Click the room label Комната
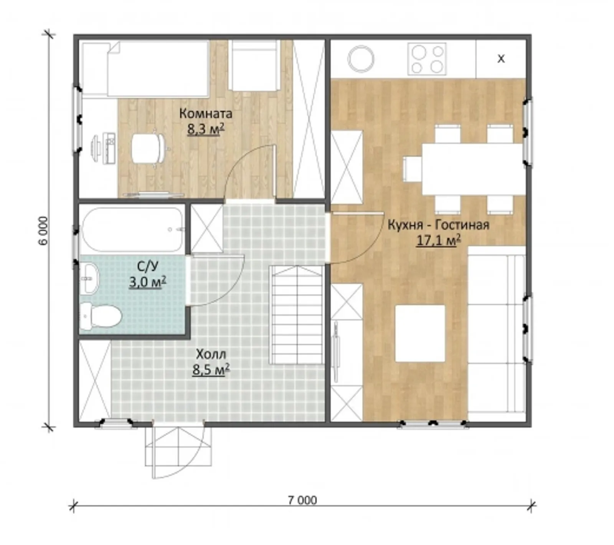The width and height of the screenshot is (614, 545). click(x=206, y=114)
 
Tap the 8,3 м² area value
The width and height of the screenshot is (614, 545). click(x=206, y=129)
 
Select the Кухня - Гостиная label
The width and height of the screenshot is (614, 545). click(x=438, y=225)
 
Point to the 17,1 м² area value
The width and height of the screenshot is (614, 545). click(x=438, y=240)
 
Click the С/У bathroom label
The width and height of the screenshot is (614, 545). click(x=147, y=266)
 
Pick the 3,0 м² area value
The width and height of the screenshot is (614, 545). click(x=147, y=282)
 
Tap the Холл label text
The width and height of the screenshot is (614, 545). click(x=211, y=354)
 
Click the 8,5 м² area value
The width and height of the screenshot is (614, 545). click(x=211, y=369)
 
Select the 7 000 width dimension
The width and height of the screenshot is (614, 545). click(x=302, y=500)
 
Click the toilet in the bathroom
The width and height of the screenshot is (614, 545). click(x=101, y=316)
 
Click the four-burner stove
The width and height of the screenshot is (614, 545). click(x=427, y=59)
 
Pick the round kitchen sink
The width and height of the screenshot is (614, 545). click(x=361, y=59)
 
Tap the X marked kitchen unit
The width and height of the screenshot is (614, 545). click(x=501, y=59)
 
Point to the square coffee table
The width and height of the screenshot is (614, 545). click(x=420, y=333)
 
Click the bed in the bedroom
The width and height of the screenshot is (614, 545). click(x=146, y=68)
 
